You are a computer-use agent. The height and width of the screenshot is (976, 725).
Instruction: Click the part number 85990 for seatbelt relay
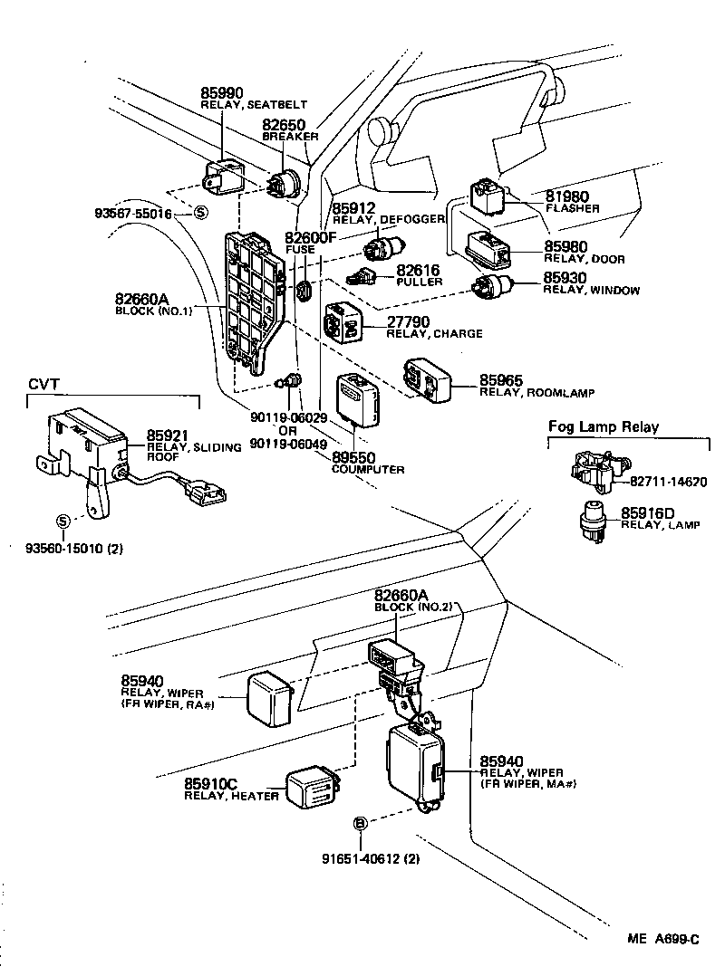click(x=223, y=93)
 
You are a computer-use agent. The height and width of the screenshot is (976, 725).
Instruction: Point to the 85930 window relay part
click(x=492, y=287)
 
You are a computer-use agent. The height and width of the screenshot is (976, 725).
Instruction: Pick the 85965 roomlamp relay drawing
click(x=427, y=378)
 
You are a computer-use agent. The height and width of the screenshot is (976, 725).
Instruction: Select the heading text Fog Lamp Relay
click(x=604, y=426)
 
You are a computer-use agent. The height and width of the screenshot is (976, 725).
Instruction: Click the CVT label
click(x=42, y=384)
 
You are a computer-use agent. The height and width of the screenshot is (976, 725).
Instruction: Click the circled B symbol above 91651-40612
click(x=360, y=823)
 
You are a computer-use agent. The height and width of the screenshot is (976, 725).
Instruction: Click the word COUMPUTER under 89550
click(x=368, y=470)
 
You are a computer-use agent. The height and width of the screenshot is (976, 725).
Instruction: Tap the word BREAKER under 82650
click(x=290, y=136)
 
